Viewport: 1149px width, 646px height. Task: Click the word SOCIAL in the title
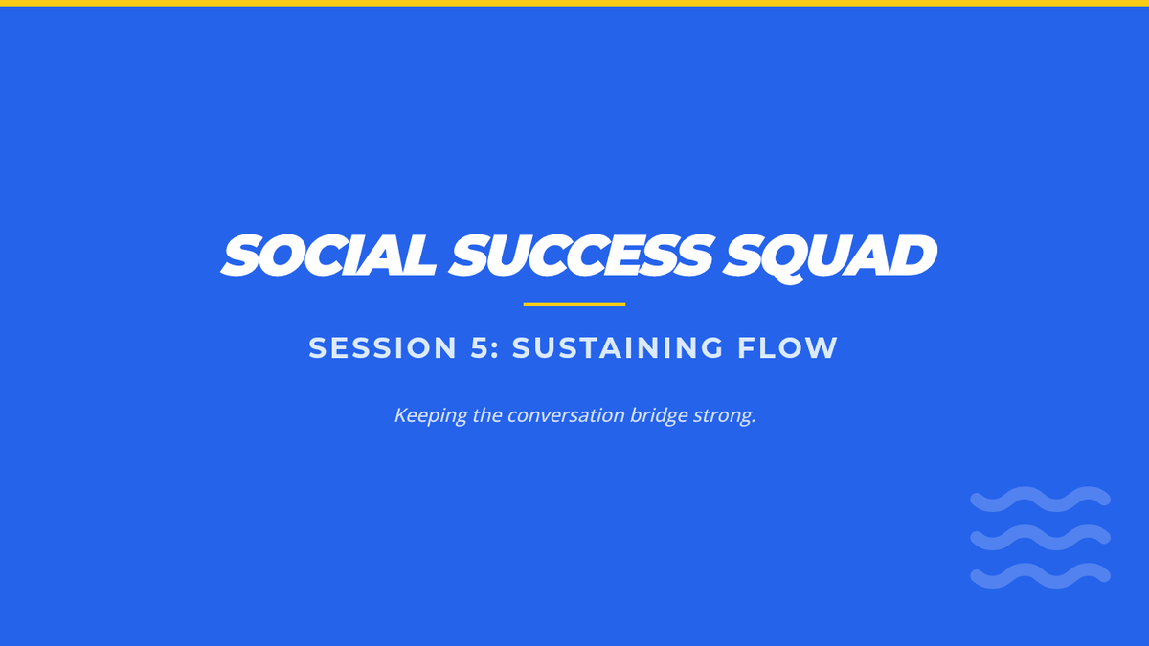click(x=328, y=255)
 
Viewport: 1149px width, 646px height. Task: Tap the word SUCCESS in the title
click(x=580, y=255)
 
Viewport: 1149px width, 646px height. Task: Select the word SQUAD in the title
click(x=830, y=256)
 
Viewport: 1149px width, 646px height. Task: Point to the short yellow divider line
click(x=574, y=304)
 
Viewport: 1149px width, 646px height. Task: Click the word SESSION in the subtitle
click(x=383, y=347)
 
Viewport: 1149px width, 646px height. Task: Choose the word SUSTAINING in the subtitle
click(x=619, y=347)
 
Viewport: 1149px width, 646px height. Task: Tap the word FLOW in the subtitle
click(x=787, y=347)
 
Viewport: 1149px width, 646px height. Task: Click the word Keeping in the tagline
click(x=431, y=415)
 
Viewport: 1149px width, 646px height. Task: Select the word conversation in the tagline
click(x=566, y=415)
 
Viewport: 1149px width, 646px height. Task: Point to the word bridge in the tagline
click(x=659, y=415)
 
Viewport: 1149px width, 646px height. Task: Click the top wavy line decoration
click(x=1040, y=499)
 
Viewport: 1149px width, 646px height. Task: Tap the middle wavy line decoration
click(x=1040, y=537)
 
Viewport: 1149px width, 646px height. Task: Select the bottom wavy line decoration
click(x=1040, y=575)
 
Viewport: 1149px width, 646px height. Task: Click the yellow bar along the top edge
click(x=574, y=3)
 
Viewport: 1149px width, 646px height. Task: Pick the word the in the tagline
click(x=487, y=414)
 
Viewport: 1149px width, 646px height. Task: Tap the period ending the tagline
click(x=753, y=422)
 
